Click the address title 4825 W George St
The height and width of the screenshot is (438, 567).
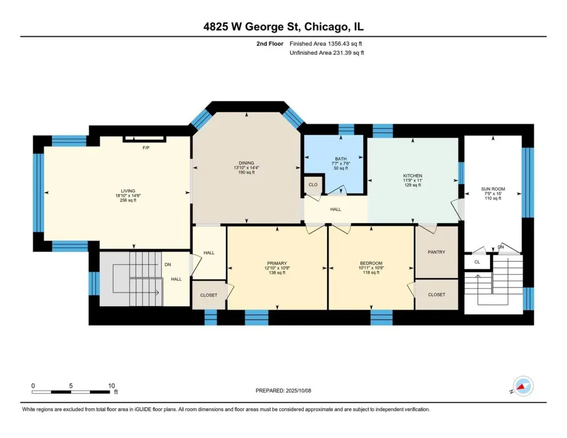point(252,27)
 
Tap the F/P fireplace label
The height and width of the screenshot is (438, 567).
point(146,148)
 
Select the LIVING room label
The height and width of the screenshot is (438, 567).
point(128,191)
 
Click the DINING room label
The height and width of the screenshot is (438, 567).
point(246,163)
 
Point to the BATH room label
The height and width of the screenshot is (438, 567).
point(341,159)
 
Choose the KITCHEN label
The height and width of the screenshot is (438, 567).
point(412,176)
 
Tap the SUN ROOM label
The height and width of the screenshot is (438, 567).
point(493,189)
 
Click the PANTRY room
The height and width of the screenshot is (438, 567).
point(436,252)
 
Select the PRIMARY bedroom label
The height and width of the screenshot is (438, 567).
point(277,263)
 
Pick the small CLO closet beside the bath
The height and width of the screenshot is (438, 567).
point(313,184)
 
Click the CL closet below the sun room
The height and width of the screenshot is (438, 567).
point(477,262)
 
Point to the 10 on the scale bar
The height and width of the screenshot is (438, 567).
point(111,386)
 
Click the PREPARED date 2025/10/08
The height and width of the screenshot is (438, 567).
point(298,391)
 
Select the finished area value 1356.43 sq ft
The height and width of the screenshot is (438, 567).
point(345,44)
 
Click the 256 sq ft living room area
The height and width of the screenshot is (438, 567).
point(128,200)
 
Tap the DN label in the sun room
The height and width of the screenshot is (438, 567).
point(501,247)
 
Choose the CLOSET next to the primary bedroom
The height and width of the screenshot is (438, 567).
point(209,295)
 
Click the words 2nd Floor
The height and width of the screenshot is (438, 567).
point(270,44)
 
